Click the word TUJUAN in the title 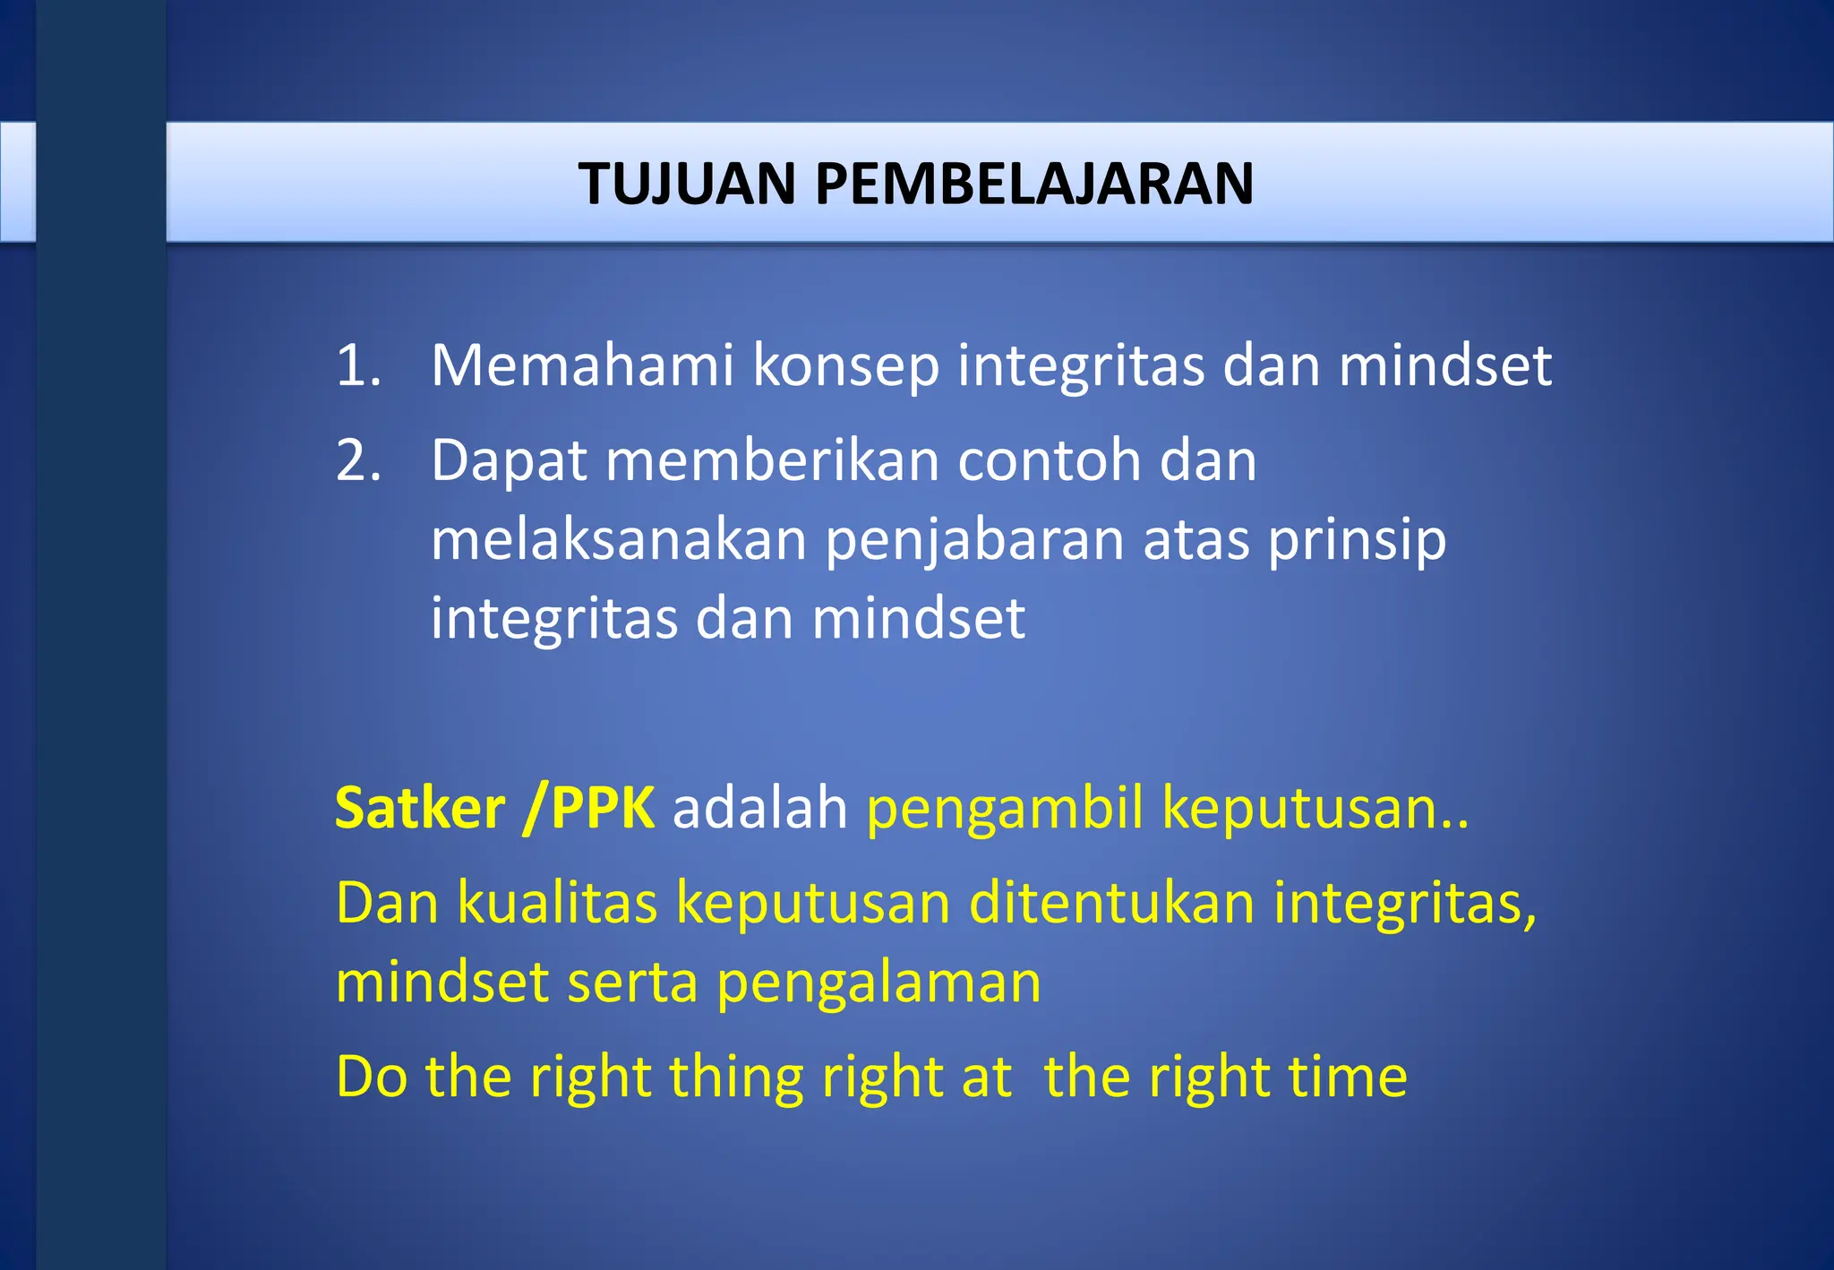[x=686, y=184]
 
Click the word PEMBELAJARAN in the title [x=1033, y=184]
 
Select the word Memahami [x=582, y=365]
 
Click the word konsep [x=845, y=367]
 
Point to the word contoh [x=1049, y=460]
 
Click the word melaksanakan [x=618, y=540]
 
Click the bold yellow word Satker [x=419, y=808]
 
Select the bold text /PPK [x=590, y=808]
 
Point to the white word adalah [x=759, y=808]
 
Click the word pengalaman [x=878, y=983]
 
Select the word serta [x=632, y=983]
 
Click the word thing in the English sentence [x=735, y=1077]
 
